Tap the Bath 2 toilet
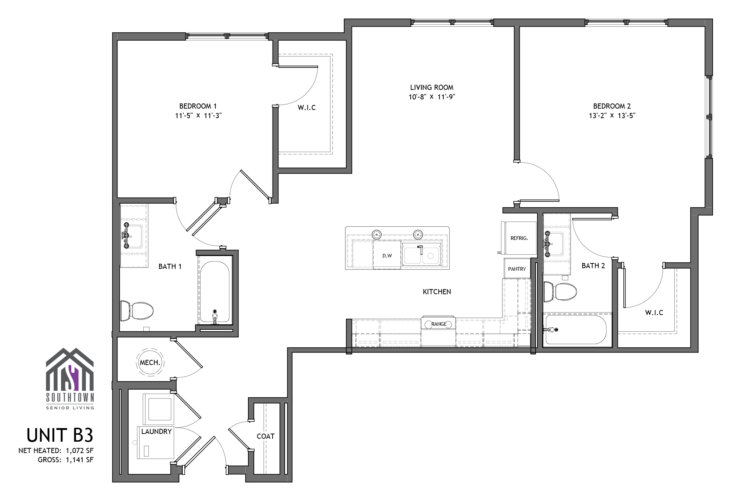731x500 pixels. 560,292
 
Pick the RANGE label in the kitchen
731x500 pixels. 439,324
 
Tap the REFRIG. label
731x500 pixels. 519,238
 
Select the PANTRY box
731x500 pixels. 517,269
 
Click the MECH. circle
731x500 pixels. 150,362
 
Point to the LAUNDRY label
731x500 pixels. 156,431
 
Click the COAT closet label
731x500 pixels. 266,436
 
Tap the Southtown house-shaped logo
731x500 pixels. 70,370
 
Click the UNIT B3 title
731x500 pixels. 60,435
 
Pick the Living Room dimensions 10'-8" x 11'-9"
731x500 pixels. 432,97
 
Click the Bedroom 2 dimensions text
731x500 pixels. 612,116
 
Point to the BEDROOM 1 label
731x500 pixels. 198,106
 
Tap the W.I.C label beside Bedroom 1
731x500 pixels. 306,107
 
